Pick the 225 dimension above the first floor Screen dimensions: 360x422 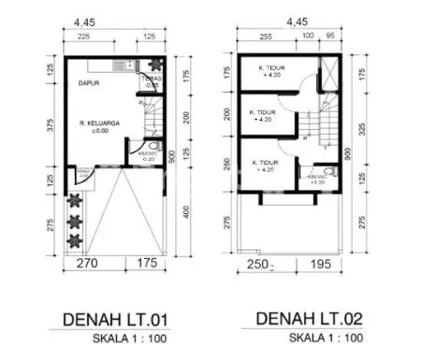pos(83,37)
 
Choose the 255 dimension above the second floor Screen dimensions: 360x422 pos(265,37)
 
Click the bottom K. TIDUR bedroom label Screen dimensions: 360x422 pos(265,166)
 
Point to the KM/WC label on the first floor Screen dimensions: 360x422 pos(145,154)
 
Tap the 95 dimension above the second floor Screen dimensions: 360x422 pos(330,37)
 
